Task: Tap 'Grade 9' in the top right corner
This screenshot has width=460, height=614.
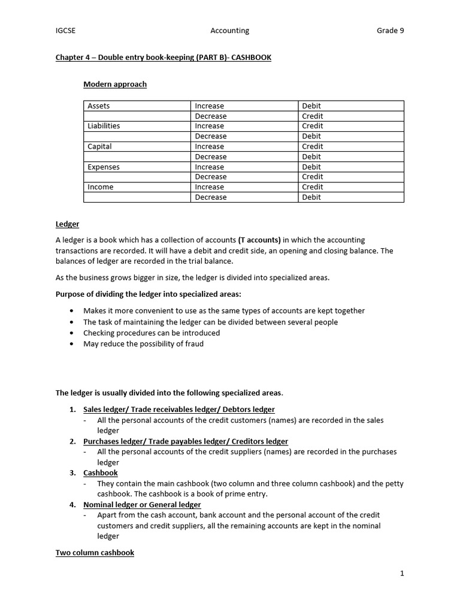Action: [390, 31]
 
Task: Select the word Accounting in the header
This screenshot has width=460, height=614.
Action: [229, 31]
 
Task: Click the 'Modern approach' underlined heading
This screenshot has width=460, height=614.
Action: [114, 85]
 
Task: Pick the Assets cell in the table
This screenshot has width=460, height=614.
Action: [99, 106]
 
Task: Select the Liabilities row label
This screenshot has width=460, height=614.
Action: [104, 126]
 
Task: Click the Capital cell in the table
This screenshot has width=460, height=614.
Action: [99, 146]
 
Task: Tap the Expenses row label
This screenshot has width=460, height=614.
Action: [104, 167]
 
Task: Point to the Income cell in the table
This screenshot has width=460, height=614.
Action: [100, 187]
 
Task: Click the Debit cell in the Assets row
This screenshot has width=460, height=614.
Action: [311, 106]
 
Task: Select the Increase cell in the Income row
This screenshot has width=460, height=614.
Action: [209, 187]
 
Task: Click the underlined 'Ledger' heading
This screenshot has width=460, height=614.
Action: [67, 224]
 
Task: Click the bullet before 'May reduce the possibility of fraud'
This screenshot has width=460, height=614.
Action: [72, 344]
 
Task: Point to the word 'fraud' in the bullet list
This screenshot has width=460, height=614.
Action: [193, 344]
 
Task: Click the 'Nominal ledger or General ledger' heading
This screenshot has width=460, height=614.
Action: [142, 505]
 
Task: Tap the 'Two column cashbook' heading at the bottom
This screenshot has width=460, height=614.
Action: [95, 553]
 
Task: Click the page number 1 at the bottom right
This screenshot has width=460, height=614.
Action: [402, 574]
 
